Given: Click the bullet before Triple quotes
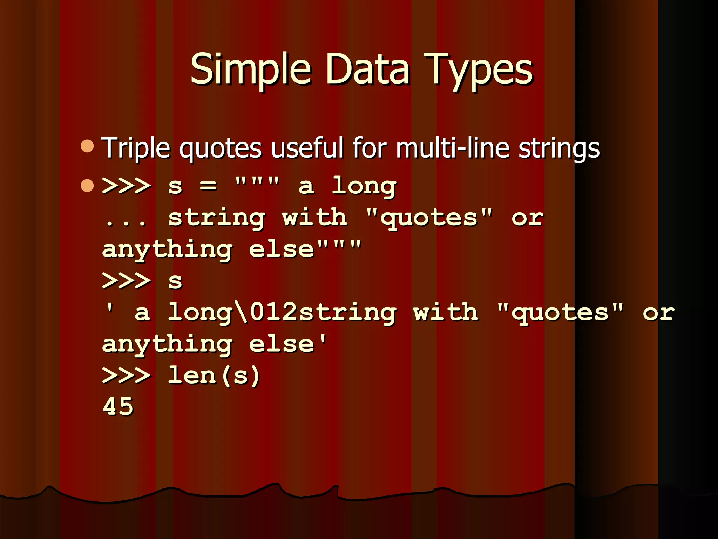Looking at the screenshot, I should (87, 146).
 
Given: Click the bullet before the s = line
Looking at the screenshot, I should (87, 185).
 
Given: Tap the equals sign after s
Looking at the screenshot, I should (208, 185).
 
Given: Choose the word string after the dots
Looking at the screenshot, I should (216, 218).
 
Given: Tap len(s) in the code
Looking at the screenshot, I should (214, 375).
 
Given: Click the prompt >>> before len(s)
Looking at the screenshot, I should (126, 375).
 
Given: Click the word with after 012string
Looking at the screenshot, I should (446, 312).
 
